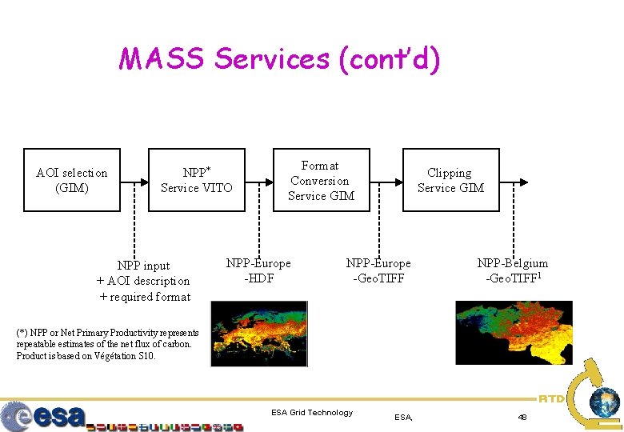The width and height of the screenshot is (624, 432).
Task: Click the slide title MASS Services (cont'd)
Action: (279, 59)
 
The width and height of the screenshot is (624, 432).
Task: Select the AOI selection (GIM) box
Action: (72, 180)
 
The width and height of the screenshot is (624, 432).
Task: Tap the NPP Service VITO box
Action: (197, 180)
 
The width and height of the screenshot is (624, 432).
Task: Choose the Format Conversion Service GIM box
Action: (321, 180)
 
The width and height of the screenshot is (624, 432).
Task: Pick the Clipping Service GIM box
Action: (450, 180)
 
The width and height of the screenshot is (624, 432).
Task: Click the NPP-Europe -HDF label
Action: (258, 270)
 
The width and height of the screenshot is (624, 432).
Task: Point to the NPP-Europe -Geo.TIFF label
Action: (378, 270)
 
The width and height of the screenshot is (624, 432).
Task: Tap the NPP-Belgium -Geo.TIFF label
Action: (513, 270)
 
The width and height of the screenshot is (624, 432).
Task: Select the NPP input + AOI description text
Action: (143, 281)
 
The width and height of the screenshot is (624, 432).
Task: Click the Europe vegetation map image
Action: (259, 333)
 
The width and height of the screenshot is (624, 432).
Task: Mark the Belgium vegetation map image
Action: (514, 332)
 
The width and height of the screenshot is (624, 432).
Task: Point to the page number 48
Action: (522, 417)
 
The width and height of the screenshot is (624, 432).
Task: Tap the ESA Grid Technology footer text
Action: (312, 413)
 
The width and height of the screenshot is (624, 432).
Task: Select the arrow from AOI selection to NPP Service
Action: (134, 181)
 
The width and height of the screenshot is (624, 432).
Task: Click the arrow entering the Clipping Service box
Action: (388, 181)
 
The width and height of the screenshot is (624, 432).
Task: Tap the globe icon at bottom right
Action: (604, 402)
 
